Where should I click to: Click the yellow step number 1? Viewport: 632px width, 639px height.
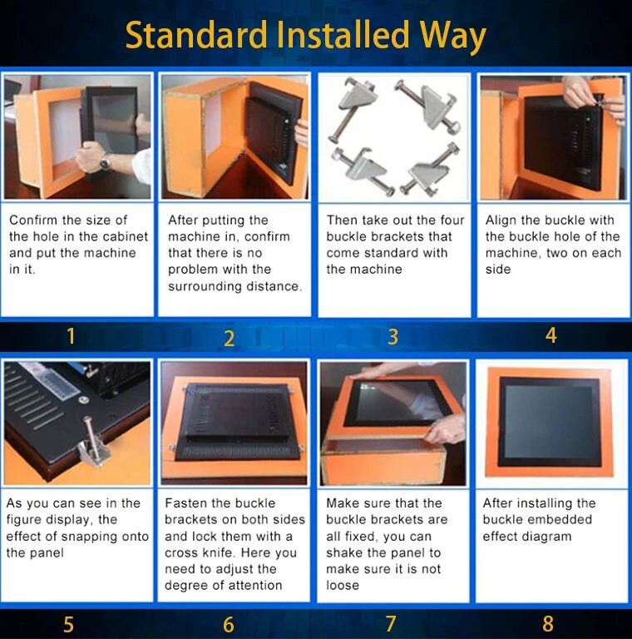(71, 337)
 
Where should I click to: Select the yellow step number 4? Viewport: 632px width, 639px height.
(551, 335)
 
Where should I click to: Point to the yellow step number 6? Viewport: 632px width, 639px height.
(229, 624)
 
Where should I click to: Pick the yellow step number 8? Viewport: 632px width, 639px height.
(548, 624)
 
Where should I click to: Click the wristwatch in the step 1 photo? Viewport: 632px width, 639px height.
(105, 163)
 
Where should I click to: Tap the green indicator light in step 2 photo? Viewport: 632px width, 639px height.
(287, 121)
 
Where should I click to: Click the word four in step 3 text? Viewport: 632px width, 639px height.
(452, 220)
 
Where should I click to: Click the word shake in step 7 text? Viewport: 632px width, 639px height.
(344, 553)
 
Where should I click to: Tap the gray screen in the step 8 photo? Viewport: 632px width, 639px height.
(549, 421)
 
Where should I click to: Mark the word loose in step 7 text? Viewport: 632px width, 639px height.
(343, 586)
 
